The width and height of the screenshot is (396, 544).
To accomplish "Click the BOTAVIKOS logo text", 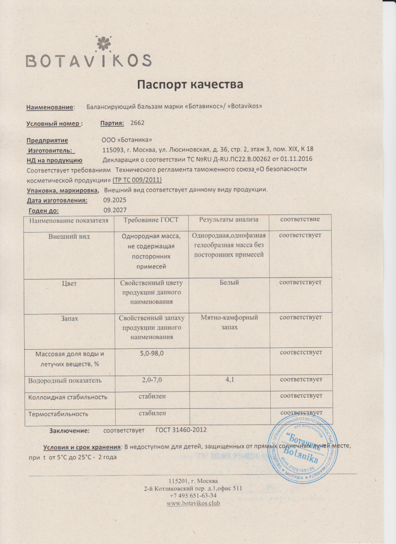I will point(89,61).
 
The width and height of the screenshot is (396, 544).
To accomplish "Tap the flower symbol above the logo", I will point(102,43).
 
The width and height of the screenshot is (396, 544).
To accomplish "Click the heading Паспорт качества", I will point(190,84).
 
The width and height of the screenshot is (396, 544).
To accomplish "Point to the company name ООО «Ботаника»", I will point(127,140).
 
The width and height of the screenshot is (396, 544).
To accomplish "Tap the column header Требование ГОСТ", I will point(151,220).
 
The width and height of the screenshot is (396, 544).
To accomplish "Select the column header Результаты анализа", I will point(229,220).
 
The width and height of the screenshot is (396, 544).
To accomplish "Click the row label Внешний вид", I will point(69,236).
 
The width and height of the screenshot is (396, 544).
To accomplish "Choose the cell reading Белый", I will point(229,282).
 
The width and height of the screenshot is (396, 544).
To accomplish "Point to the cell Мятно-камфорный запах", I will point(229,322).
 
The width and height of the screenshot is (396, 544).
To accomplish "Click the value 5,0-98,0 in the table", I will point(152,354).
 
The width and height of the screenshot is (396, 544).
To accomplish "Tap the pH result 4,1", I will point(229,380).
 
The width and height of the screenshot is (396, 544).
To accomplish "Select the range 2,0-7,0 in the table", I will point(152,380).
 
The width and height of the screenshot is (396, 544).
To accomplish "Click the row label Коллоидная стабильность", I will point(68,397).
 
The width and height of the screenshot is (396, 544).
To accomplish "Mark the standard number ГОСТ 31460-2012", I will point(181,430).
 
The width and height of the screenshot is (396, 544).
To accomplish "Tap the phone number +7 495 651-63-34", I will point(193,496).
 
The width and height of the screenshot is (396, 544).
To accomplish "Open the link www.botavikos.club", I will point(193,503).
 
